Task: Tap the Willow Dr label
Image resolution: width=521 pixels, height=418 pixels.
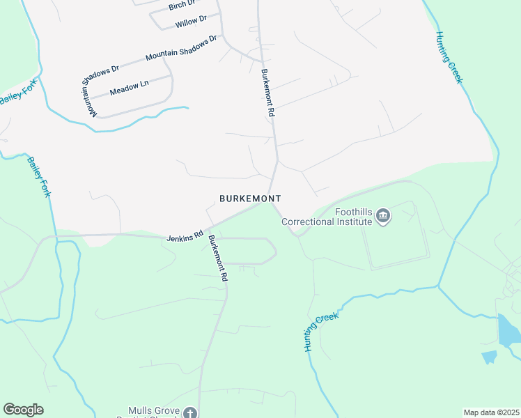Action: pyautogui.click(x=192, y=22)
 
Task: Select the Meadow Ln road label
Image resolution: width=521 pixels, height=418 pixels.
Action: pyautogui.click(x=130, y=86)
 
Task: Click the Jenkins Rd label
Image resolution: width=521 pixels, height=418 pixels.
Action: pyautogui.click(x=184, y=238)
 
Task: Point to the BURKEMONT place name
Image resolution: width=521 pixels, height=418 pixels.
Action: pyautogui.click(x=250, y=199)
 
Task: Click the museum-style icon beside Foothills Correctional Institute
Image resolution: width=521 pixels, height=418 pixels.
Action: pyautogui.click(x=382, y=217)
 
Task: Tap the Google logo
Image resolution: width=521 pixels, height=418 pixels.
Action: pyautogui.click(x=24, y=410)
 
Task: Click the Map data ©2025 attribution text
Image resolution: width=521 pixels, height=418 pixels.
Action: pyautogui.click(x=490, y=412)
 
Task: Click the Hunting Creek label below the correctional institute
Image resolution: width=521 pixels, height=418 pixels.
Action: pyautogui.click(x=321, y=332)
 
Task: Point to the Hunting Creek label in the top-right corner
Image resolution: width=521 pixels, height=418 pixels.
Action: pyautogui.click(x=449, y=57)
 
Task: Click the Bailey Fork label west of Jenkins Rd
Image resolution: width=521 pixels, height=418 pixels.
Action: pyautogui.click(x=39, y=177)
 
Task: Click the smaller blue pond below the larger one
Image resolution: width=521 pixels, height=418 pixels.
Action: pyautogui.click(x=490, y=357)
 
